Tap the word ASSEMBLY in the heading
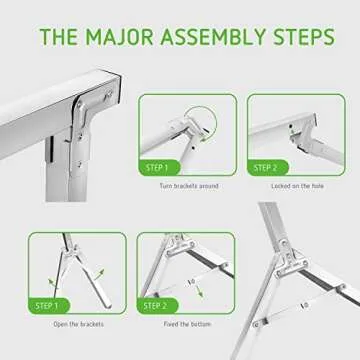214,40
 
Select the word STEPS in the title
300,40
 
